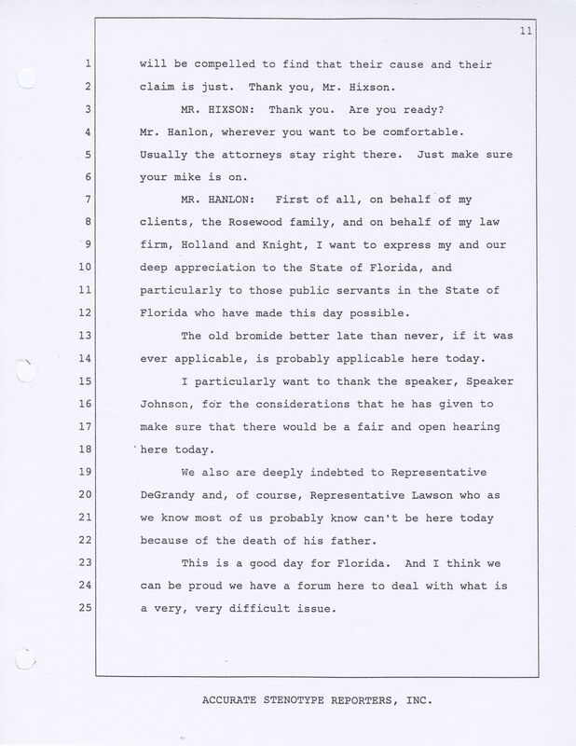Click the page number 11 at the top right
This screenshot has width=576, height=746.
(x=551, y=34)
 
